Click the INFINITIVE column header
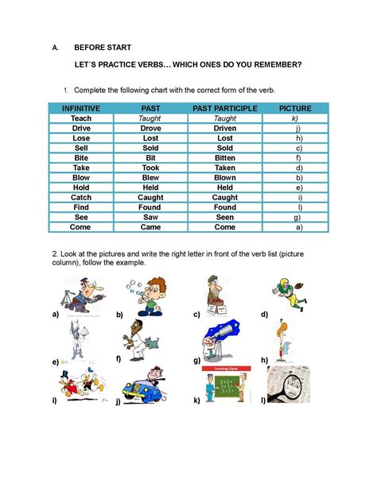81,108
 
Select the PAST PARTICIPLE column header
225,108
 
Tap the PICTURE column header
295,108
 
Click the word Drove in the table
150,128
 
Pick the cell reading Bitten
225,158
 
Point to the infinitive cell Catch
81,197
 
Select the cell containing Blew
150,177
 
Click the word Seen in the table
225,217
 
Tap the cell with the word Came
150,226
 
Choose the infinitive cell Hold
81,187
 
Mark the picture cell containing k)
295,118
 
